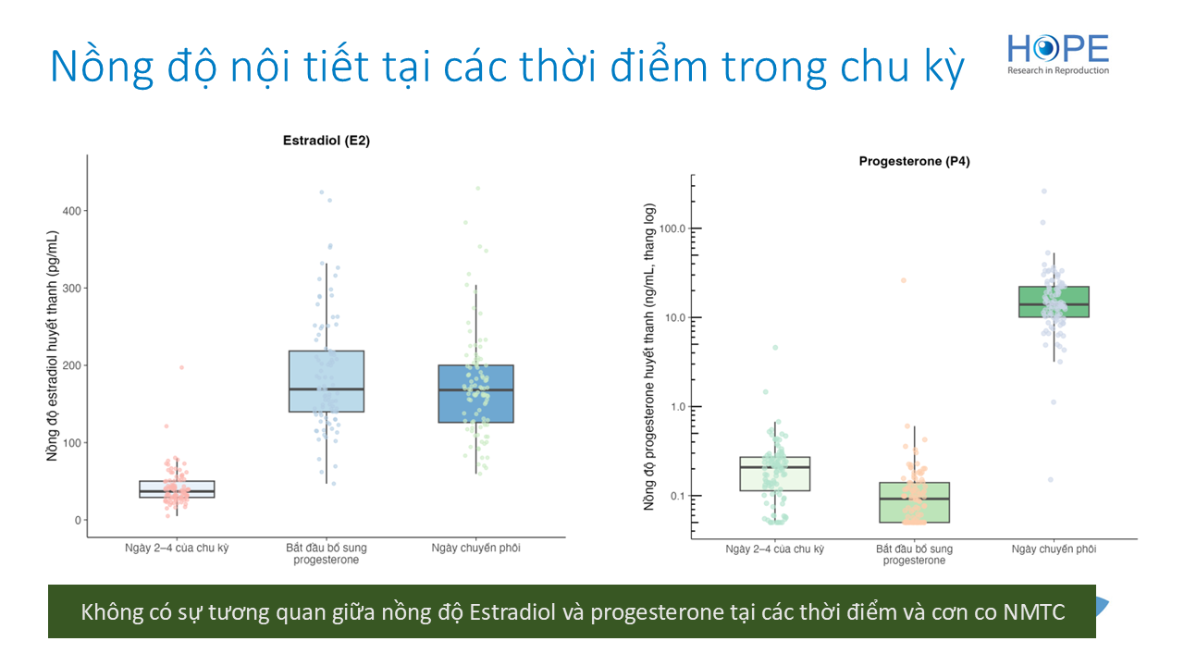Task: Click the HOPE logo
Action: (x=1058, y=55)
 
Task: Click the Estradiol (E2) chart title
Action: (x=327, y=141)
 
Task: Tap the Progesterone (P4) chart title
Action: (x=914, y=161)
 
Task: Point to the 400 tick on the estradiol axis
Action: (x=72, y=211)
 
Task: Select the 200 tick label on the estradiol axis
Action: (x=72, y=365)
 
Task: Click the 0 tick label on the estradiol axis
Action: (x=79, y=520)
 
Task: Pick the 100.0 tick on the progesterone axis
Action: (x=672, y=228)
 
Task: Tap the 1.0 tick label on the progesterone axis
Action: (x=678, y=406)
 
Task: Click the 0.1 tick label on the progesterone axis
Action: (x=678, y=496)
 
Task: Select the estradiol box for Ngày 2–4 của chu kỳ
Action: (x=177, y=489)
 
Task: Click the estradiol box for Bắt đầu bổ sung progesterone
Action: (x=327, y=381)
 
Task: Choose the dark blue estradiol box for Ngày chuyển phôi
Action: (x=475, y=394)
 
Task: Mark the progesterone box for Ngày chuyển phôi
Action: (x=1054, y=302)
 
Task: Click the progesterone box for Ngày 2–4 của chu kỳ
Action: (x=775, y=475)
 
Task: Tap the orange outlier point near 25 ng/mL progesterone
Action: (x=904, y=280)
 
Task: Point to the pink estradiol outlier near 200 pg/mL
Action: (x=181, y=367)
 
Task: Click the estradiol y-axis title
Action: (x=52, y=346)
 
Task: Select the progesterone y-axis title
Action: (x=649, y=357)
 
